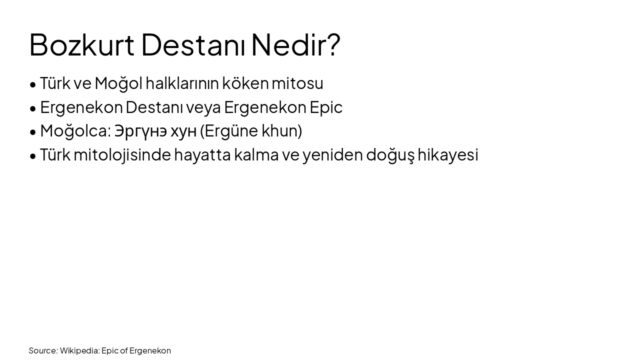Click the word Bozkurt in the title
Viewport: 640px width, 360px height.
(x=81, y=44)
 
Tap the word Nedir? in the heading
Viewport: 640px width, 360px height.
(x=295, y=44)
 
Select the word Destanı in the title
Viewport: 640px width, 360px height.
(x=192, y=44)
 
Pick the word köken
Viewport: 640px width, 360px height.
(x=245, y=83)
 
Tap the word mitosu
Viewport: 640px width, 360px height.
(x=297, y=83)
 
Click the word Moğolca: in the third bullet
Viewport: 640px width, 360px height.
(x=75, y=131)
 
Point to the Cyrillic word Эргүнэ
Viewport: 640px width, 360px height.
(x=140, y=131)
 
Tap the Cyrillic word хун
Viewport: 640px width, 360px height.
(x=183, y=131)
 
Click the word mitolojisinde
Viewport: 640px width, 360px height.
(x=122, y=155)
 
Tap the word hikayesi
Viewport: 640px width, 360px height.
(x=448, y=155)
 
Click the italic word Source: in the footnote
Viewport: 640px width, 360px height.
(x=43, y=350)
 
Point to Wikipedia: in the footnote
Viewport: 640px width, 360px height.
(x=79, y=350)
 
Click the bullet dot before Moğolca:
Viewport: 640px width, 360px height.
(x=33, y=132)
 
